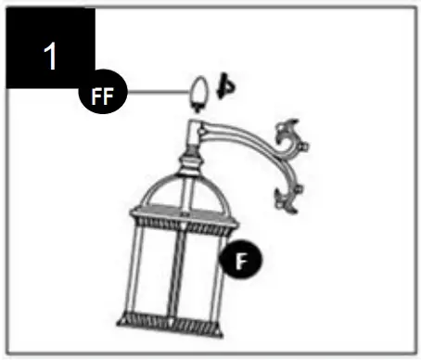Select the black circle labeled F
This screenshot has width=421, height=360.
pyautogui.click(x=238, y=261)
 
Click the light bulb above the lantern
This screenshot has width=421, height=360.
pyautogui.click(x=198, y=92)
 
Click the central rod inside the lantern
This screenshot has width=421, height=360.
pyautogui.click(x=178, y=269)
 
